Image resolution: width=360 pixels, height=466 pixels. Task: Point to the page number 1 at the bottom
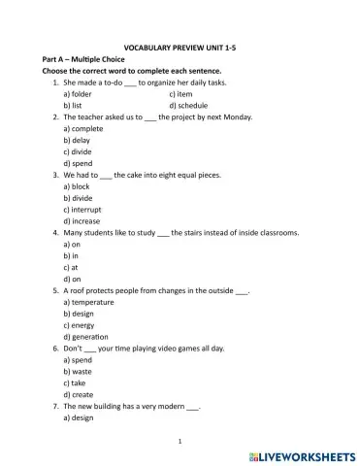pyautogui.click(x=180, y=441)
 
